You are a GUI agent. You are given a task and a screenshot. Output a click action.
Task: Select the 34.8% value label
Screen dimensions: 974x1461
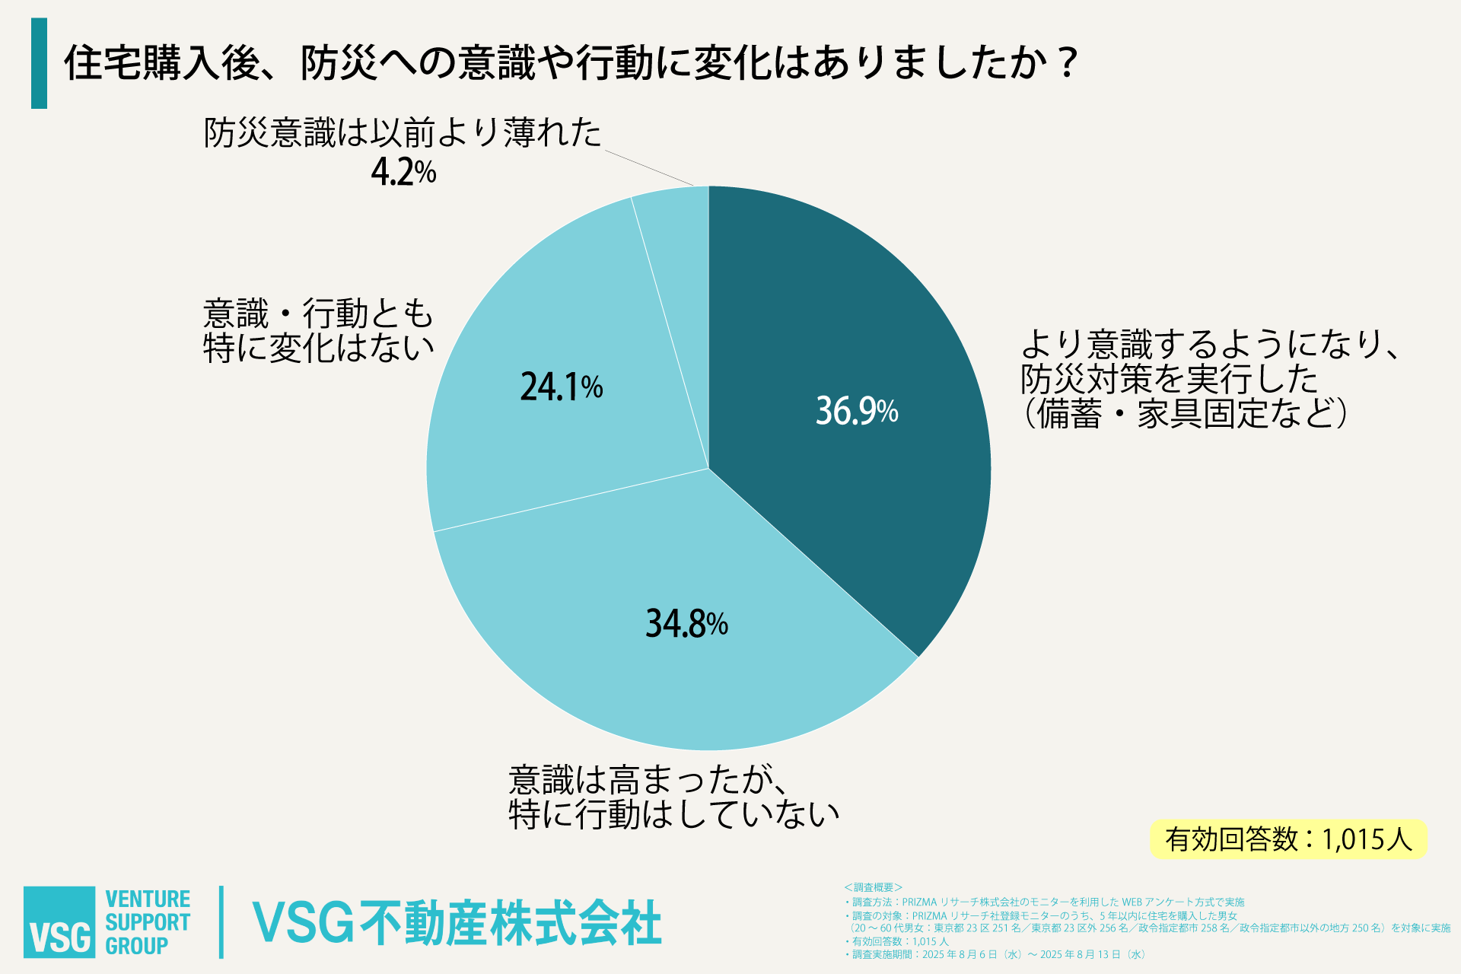tap(686, 623)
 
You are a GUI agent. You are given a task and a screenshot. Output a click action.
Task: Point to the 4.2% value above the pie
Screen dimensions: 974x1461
tap(403, 172)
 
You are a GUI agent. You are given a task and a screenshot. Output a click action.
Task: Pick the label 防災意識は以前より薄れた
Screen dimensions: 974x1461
tap(402, 133)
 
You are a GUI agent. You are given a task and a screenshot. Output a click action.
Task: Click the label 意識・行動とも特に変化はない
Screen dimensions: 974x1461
tap(318, 331)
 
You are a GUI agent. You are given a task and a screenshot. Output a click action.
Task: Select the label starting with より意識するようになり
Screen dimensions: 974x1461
tap(1210, 378)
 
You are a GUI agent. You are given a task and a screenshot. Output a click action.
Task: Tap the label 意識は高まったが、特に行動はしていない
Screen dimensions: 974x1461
tap(673, 797)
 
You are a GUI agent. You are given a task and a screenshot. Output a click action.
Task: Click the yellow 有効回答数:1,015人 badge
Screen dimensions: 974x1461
tap(1288, 839)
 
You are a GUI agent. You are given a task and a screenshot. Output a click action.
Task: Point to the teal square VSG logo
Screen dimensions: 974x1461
tap(59, 921)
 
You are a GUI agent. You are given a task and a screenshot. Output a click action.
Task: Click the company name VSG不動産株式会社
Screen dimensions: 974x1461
tap(457, 923)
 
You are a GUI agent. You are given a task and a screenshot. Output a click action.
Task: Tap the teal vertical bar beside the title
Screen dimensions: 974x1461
tap(39, 63)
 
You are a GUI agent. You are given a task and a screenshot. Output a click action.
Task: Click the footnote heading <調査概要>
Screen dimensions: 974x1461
tap(873, 887)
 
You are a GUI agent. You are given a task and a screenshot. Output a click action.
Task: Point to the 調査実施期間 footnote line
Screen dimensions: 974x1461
tap(997, 954)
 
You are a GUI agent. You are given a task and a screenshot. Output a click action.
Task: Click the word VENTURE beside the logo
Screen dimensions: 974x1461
tap(148, 899)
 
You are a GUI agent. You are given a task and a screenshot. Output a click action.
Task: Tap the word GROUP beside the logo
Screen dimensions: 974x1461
tap(136, 946)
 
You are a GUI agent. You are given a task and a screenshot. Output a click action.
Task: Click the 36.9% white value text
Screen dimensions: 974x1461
tap(857, 411)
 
